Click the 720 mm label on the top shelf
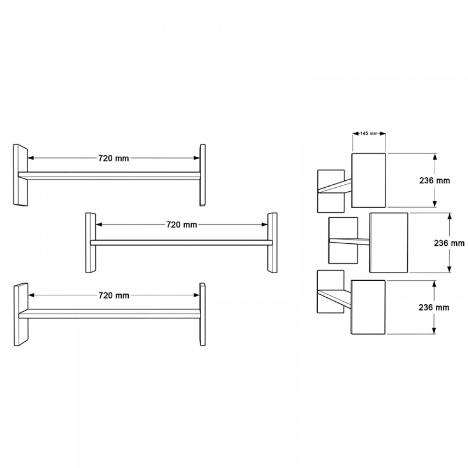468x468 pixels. [113, 158]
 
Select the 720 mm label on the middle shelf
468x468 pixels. [181, 225]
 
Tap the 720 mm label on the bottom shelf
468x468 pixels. [113, 295]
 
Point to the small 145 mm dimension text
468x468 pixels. [369, 133]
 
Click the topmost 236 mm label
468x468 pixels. [435, 181]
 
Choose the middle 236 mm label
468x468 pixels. [449, 243]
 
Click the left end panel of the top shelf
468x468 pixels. [21, 175]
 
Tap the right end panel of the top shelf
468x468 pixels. [203, 175]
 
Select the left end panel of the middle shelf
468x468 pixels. [90, 243]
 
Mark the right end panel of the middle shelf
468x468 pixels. [272, 243]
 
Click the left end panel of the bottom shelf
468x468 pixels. [21, 314]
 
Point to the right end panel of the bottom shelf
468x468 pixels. [203, 314]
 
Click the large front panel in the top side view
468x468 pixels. [369, 180]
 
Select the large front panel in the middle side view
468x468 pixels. [389, 242]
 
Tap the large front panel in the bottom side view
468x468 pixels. [368, 307]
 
